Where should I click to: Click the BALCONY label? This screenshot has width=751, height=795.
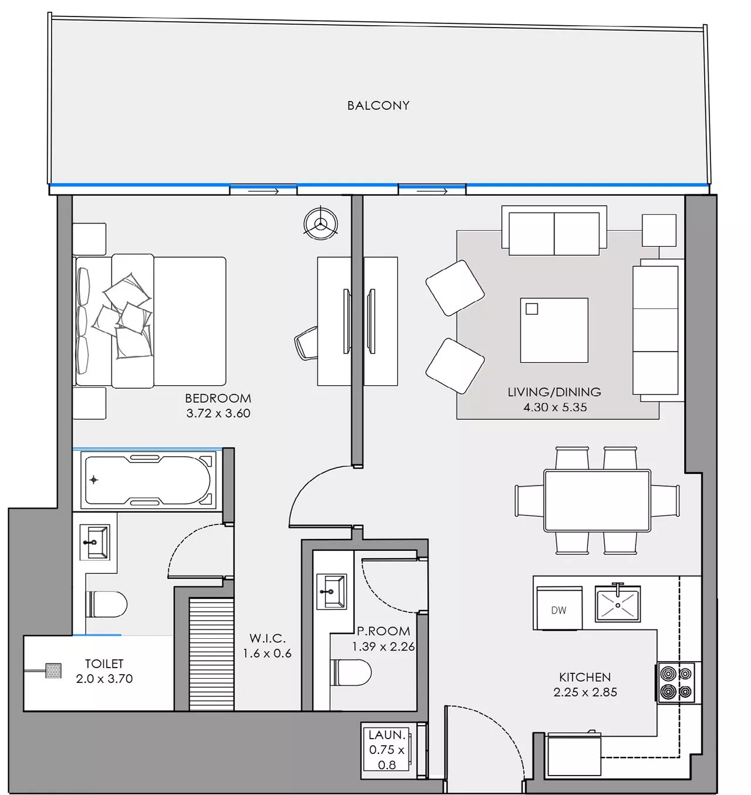378,106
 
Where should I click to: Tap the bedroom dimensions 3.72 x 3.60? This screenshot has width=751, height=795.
218,413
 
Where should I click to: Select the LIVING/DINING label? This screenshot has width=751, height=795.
554,392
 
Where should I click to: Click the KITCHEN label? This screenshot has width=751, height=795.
584,677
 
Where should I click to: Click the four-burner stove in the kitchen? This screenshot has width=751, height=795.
676,683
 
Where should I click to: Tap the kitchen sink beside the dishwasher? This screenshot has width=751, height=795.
617,604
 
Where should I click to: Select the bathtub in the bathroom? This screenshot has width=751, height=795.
148,480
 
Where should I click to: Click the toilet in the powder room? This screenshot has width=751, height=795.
351,672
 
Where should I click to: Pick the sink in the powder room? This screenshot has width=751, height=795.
331,591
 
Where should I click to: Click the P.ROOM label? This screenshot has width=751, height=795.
383,631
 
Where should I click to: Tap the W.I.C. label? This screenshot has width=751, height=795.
267,638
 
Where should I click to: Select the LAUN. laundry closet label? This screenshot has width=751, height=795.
387,735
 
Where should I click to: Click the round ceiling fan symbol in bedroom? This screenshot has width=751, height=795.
320,224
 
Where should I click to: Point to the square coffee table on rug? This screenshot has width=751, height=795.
554,330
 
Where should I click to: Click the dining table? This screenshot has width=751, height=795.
597,500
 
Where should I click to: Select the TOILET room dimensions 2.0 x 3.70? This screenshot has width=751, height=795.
104,679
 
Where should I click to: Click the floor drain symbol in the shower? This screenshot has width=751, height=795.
53,671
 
